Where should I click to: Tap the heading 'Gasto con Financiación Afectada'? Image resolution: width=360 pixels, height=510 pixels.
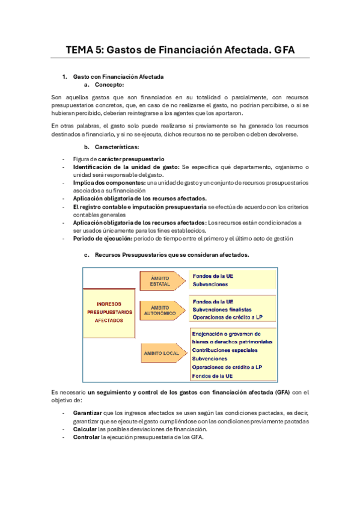click(118, 77)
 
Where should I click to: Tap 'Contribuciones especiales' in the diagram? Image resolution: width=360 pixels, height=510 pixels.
click(225, 350)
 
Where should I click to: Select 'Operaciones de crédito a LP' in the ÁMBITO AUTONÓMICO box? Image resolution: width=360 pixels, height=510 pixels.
click(227, 317)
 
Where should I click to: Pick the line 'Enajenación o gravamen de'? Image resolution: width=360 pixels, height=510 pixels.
click(226, 333)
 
